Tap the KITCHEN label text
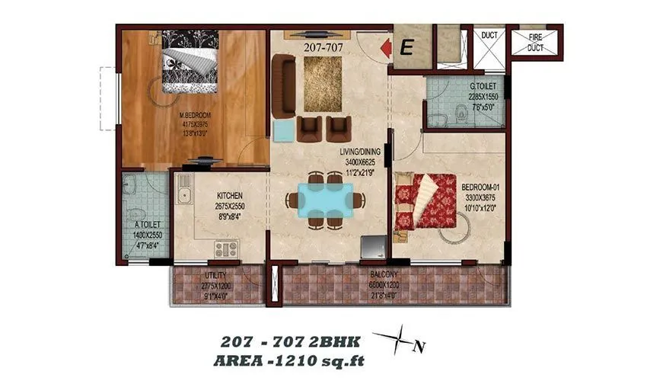228,197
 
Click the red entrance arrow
385,48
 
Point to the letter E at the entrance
406,48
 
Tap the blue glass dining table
325,200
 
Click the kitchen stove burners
226,248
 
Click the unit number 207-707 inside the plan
325,46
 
